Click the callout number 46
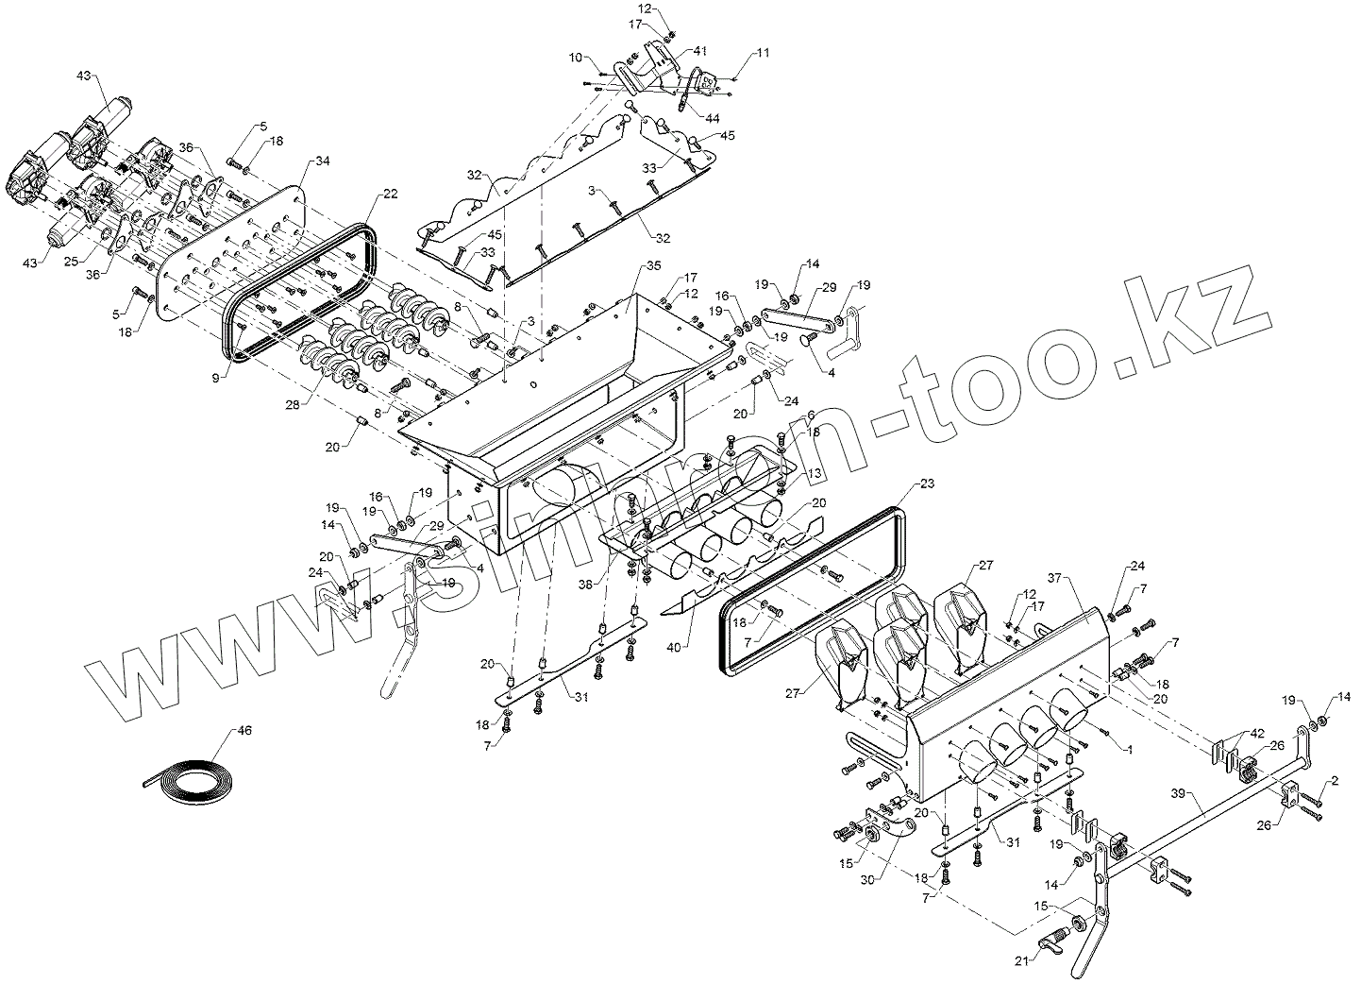click(x=244, y=730)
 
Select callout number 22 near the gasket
click(x=391, y=195)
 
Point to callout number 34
click(x=324, y=161)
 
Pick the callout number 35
click(x=655, y=267)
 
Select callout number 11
click(x=763, y=53)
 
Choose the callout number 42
click(x=1257, y=733)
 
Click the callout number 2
click(x=1335, y=780)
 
